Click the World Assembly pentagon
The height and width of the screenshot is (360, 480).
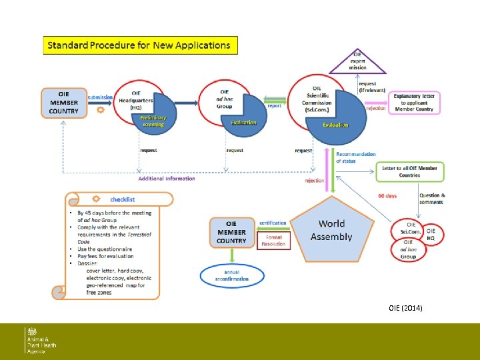331,231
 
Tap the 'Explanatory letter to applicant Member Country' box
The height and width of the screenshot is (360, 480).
413,103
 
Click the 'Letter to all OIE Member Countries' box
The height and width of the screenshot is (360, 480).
409,171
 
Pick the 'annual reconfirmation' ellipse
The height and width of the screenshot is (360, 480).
231,276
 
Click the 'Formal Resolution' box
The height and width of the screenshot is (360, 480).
274,240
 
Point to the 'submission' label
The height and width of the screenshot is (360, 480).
101,97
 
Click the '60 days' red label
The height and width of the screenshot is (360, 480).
387,196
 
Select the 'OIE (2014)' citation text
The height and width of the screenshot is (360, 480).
405,308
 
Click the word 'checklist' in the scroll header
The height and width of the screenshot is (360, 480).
123,199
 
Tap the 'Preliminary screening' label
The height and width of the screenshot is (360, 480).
153,121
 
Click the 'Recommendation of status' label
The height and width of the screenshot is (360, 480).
355,157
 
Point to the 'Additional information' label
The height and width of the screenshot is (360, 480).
167,179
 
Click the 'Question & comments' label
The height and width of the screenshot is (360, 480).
431,199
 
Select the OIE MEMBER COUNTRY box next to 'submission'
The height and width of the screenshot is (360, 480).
64,103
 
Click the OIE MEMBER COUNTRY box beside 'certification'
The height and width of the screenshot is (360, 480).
231,232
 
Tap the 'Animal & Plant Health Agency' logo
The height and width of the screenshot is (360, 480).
41,340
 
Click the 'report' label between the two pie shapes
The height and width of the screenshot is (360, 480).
274,105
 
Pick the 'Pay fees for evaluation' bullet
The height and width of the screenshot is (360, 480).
105,256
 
